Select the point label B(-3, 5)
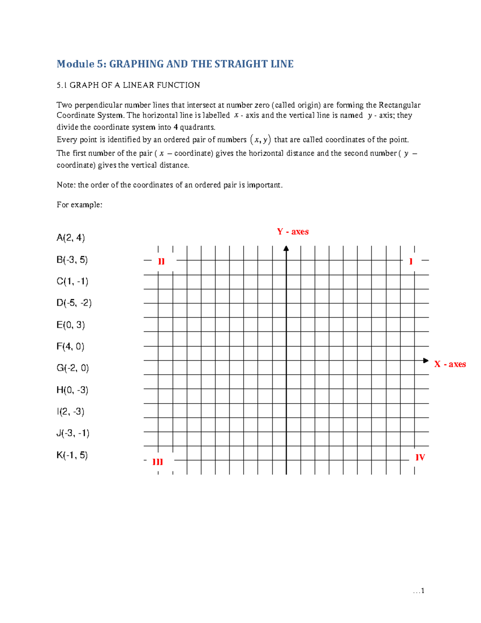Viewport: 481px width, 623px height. (x=72, y=260)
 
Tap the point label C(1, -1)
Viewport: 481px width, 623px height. (x=73, y=282)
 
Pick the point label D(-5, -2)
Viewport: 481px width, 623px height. (x=74, y=303)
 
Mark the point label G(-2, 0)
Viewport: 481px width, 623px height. (x=73, y=368)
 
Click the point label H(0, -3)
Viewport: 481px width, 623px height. (x=73, y=390)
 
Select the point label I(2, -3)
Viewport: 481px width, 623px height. (x=71, y=412)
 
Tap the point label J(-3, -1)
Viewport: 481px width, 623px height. (x=73, y=433)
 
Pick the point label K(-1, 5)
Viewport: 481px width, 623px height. (x=72, y=455)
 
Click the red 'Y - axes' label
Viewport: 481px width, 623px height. (x=293, y=232)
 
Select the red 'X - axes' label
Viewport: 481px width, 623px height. (x=450, y=364)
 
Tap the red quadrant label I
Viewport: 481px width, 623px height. (x=411, y=262)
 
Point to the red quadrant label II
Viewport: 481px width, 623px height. (x=161, y=262)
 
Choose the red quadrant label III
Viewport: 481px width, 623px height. (x=158, y=462)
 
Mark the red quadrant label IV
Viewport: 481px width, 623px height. (x=420, y=457)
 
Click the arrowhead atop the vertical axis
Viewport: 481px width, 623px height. (x=286, y=249)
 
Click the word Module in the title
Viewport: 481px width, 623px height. (x=75, y=64)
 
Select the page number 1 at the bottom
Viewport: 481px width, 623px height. (x=422, y=591)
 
